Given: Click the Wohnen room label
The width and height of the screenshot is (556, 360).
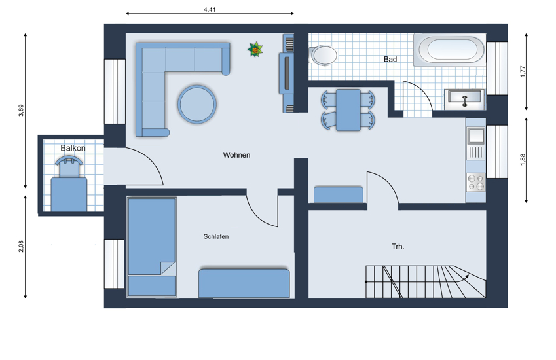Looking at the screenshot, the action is pyautogui.click(x=236, y=155).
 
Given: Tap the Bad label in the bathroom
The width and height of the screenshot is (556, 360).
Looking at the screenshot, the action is pyautogui.click(x=390, y=60).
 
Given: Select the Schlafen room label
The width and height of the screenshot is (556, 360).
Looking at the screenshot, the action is pyautogui.click(x=216, y=236).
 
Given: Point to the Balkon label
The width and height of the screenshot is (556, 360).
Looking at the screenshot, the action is pyautogui.click(x=73, y=148).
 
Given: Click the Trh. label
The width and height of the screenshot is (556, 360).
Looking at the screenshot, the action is pyautogui.click(x=398, y=247).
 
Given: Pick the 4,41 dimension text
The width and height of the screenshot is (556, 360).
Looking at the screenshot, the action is pyautogui.click(x=210, y=10).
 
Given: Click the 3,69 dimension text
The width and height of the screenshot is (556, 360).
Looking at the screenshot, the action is pyautogui.click(x=21, y=111).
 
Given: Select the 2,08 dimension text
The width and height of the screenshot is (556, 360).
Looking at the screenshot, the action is pyautogui.click(x=21, y=246).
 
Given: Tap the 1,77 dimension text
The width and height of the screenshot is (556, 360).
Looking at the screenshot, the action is pyautogui.click(x=523, y=71).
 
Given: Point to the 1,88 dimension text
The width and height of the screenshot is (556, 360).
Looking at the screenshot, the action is pyautogui.click(x=523, y=160).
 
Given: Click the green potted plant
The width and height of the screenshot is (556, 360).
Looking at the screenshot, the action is pyautogui.click(x=255, y=49).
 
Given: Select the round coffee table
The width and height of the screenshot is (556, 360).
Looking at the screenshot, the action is pyautogui.click(x=197, y=104).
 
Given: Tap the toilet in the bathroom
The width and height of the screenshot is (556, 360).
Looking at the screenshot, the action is pyautogui.click(x=324, y=55).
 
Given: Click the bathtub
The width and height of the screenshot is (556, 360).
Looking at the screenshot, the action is pyautogui.click(x=450, y=50).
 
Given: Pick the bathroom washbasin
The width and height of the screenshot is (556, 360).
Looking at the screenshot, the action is pyautogui.click(x=464, y=99).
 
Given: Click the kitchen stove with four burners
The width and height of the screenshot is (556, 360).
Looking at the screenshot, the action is pyautogui.click(x=475, y=183).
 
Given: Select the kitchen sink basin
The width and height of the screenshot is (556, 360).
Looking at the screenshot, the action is pyautogui.click(x=475, y=135).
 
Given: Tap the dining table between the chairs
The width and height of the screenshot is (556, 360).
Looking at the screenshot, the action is pyautogui.click(x=348, y=110).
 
